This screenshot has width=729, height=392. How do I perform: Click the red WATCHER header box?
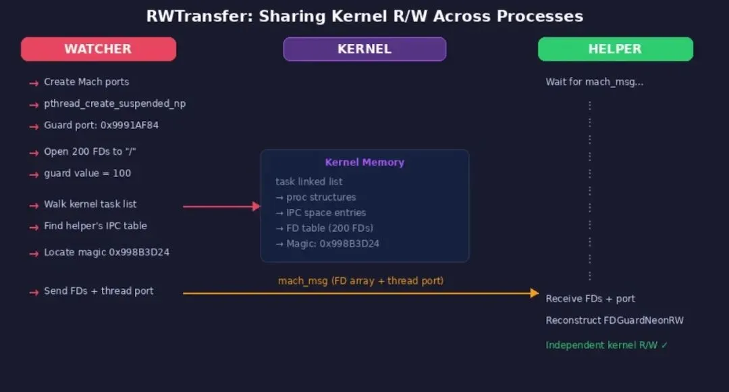tap(99, 49)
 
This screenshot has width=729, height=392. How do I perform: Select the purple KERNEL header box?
tap(364, 49)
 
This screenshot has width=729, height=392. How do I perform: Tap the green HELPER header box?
tap(615, 49)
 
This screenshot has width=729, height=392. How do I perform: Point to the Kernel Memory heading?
tap(364, 162)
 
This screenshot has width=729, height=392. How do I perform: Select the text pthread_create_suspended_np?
tap(115, 103)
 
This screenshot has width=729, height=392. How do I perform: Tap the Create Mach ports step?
tap(86, 82)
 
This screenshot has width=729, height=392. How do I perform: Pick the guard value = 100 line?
tap(88, 173)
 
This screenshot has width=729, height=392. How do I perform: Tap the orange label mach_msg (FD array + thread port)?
tap(360, 280)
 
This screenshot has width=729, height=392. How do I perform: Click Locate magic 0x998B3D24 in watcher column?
tap(107, 252)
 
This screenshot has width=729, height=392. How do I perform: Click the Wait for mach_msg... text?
tap(594, 82)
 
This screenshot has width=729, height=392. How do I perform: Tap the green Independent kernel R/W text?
tap(607, 345)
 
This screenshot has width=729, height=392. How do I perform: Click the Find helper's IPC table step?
tap(95, 226)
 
